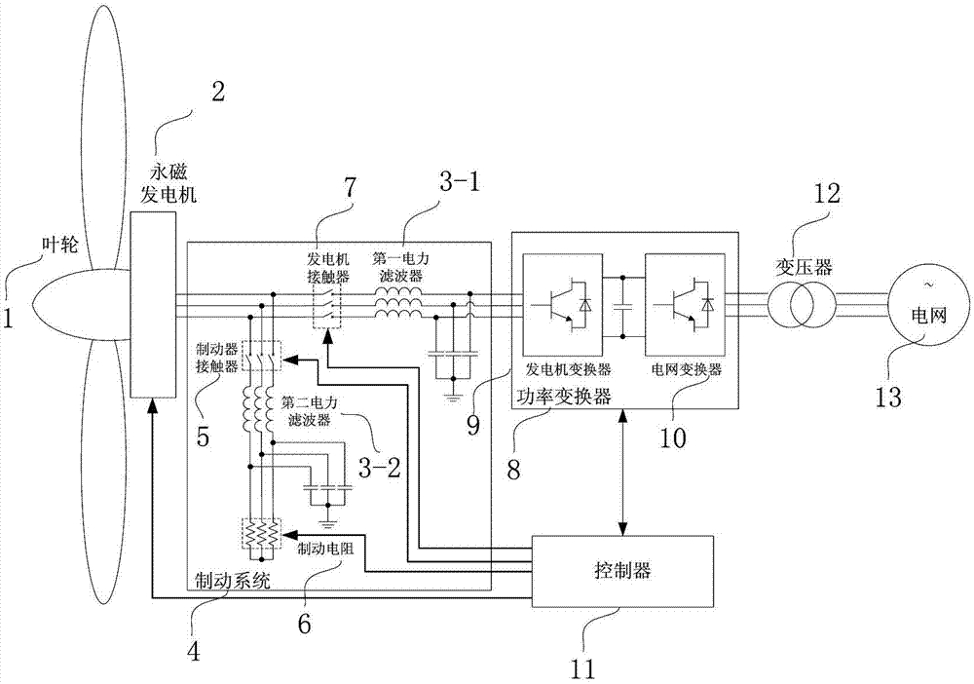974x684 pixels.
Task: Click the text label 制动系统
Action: tap(228, 582)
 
